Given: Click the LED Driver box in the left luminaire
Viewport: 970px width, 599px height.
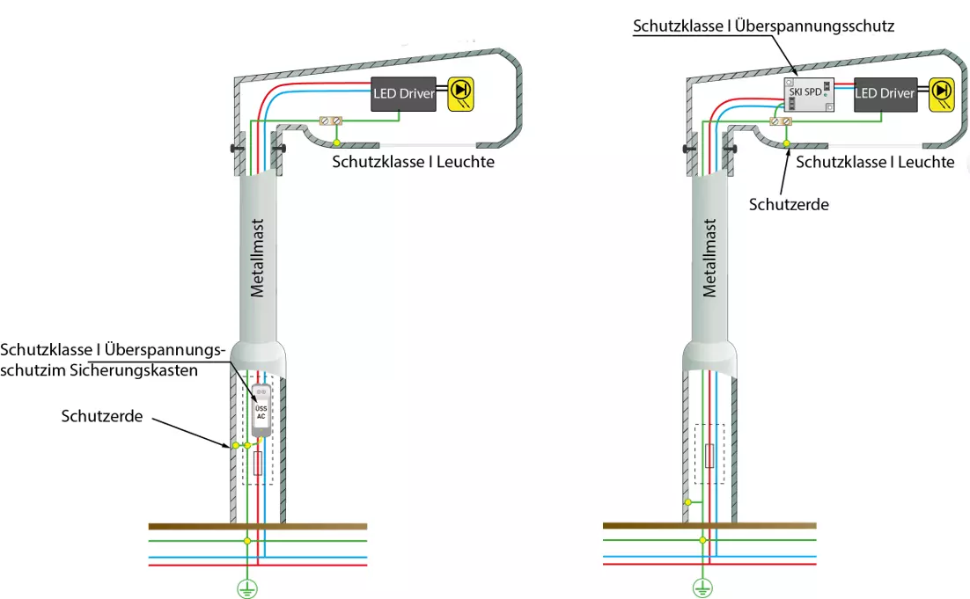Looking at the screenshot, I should [x=404, y=94].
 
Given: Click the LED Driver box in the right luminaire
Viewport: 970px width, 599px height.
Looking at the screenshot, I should [x=885, y=94].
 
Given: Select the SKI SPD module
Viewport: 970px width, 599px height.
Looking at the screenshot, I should [x=808, y=93].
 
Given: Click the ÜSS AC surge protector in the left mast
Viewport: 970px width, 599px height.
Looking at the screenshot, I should [x=261, y=411].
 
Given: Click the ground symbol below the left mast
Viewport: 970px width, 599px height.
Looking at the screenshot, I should [x=247, y=588].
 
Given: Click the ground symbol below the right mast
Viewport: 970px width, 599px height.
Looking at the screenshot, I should [x=702, y=588].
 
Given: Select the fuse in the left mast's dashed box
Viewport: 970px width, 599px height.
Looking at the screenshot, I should [x=258, y=464].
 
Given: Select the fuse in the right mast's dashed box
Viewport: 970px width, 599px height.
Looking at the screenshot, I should [x=709, y=455].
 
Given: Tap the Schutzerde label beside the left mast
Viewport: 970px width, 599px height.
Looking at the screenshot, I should [x=102, y=415].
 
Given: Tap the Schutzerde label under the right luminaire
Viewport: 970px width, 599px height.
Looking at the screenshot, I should [x=789, y=204].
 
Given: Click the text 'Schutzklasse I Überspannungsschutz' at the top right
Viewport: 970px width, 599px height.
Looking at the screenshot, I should [x=763, y=26].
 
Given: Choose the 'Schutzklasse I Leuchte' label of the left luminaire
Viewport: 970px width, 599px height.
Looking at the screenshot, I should [x=413, y=162].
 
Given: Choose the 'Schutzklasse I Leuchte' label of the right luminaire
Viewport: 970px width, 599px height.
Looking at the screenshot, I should [x=875, y=162].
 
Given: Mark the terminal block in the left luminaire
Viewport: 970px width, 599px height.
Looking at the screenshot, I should [x=329, y=121].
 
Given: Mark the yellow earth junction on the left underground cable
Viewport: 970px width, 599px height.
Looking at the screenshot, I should [x=247, y=540].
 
